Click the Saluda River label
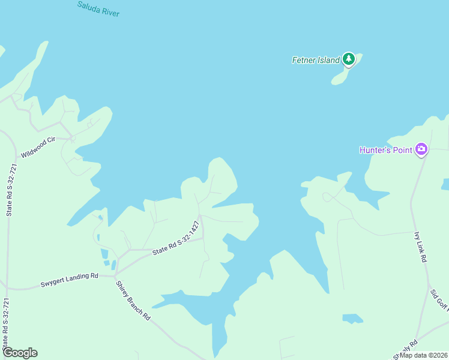98,8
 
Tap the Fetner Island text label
316,60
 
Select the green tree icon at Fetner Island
348,59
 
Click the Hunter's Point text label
386,150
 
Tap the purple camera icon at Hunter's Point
421,149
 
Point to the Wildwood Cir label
38,147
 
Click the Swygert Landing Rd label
69,280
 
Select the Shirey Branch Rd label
133,300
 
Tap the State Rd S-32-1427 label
176,239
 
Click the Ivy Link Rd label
420,247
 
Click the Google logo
20,353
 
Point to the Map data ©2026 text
423,355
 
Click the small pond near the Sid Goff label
352,318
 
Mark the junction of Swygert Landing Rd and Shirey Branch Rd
115,276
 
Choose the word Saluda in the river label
88,6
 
